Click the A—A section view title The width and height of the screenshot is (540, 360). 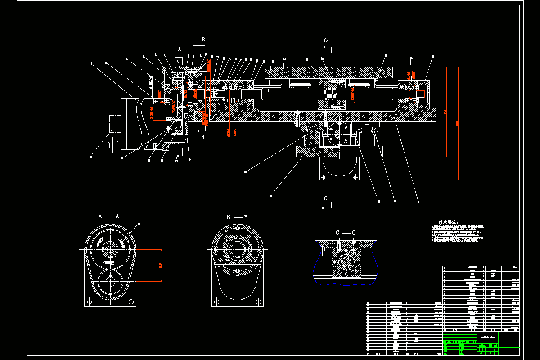pos(108,216)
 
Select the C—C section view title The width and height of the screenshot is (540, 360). pos(346,233)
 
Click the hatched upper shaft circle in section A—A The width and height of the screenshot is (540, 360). pos(110,249)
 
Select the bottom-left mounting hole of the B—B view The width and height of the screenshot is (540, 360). pos(217,301)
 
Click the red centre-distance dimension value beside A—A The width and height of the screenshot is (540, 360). pos(161,265)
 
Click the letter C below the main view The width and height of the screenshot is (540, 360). pos(326,198)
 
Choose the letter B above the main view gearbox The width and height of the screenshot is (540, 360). pos(203,40)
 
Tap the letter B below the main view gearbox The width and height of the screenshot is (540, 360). pos(203,137)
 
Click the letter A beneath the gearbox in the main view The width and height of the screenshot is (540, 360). pos(177,159)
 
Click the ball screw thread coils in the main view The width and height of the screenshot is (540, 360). pos(331,95)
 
